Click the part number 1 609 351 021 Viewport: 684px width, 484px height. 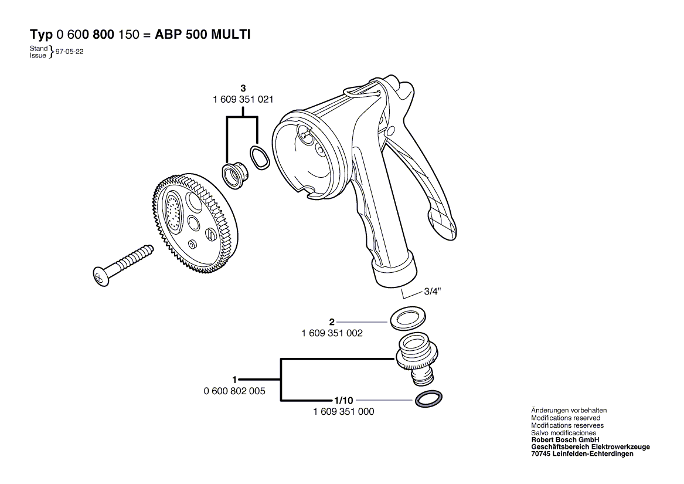[243, 100]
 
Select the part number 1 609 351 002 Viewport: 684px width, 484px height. [332, 333]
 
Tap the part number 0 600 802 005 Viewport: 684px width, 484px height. [234, 391]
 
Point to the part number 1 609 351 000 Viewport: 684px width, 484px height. [343, 411]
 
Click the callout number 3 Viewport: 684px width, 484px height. [243, 88]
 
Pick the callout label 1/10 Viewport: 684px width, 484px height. [343, 401]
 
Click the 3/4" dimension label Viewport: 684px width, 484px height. [433, 292]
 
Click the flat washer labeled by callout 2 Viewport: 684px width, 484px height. [407, 317]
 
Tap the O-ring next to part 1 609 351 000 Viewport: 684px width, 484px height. [428, 400]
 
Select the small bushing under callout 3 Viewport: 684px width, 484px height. [234, 175]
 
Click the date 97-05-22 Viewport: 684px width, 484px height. [69, 52]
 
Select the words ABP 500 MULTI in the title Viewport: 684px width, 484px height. [203, 35]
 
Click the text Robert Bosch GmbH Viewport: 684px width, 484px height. [566, 440]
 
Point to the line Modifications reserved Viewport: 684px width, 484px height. [566, 418]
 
